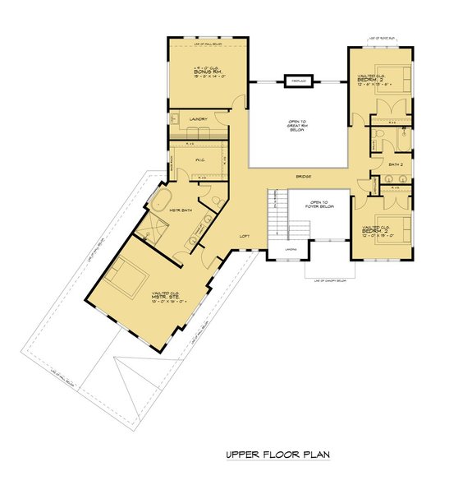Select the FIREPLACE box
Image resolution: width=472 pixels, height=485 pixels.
click(x=295, y=81)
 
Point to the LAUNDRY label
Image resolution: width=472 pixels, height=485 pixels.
click(x=197, y=119)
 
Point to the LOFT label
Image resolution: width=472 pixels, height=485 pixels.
click(x=244, y=236)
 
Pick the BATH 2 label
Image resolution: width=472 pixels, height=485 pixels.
click(x=394, y=165)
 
